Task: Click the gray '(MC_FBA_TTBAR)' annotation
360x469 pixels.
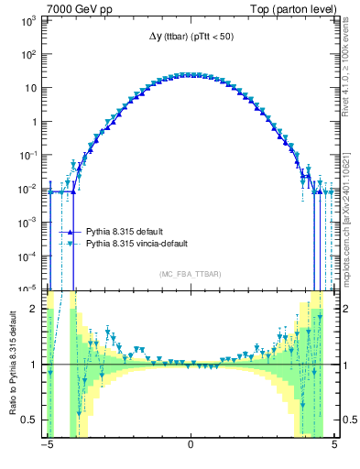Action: (x=190, y=274)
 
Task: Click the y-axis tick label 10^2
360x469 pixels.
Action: (x=28, y=55)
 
